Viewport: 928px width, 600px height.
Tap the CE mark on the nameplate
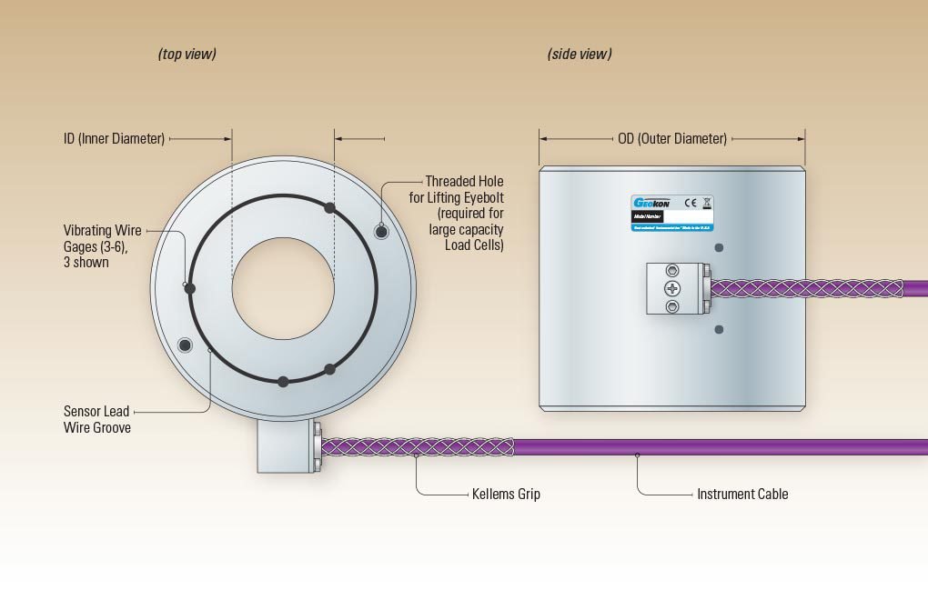click(x=691, y=203)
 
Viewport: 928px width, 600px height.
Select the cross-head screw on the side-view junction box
click(x=672, y=288)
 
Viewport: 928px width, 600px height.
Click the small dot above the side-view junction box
click(x=719, y=247)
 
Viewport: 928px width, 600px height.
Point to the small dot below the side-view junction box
click(x=719, y=329)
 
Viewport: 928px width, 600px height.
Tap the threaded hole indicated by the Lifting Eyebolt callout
click(x=382, y=231)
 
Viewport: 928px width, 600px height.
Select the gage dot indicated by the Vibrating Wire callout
click(x=191, y=288)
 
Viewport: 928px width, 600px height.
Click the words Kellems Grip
click(x=507, y=495)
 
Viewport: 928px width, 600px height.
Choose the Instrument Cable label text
click(x=742, y=495)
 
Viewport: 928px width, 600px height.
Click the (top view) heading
click(x=187, y=55)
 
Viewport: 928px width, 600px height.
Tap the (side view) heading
click(x=580, y=55)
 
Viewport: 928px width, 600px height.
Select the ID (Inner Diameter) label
click(x=114, y=139)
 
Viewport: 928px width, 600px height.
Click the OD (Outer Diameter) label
click(x=672, y=139)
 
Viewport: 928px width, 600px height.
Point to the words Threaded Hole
click(x=464, y=182)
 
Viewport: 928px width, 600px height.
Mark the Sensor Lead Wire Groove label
click(x=97, y=419)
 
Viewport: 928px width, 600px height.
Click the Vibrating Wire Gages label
click(x=102, y=246)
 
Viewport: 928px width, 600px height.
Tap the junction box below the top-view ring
click(x=284, y=445)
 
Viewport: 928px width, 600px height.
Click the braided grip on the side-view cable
click(x=805, y=288)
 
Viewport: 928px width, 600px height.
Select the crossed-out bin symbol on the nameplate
click(x=707, y=203)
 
